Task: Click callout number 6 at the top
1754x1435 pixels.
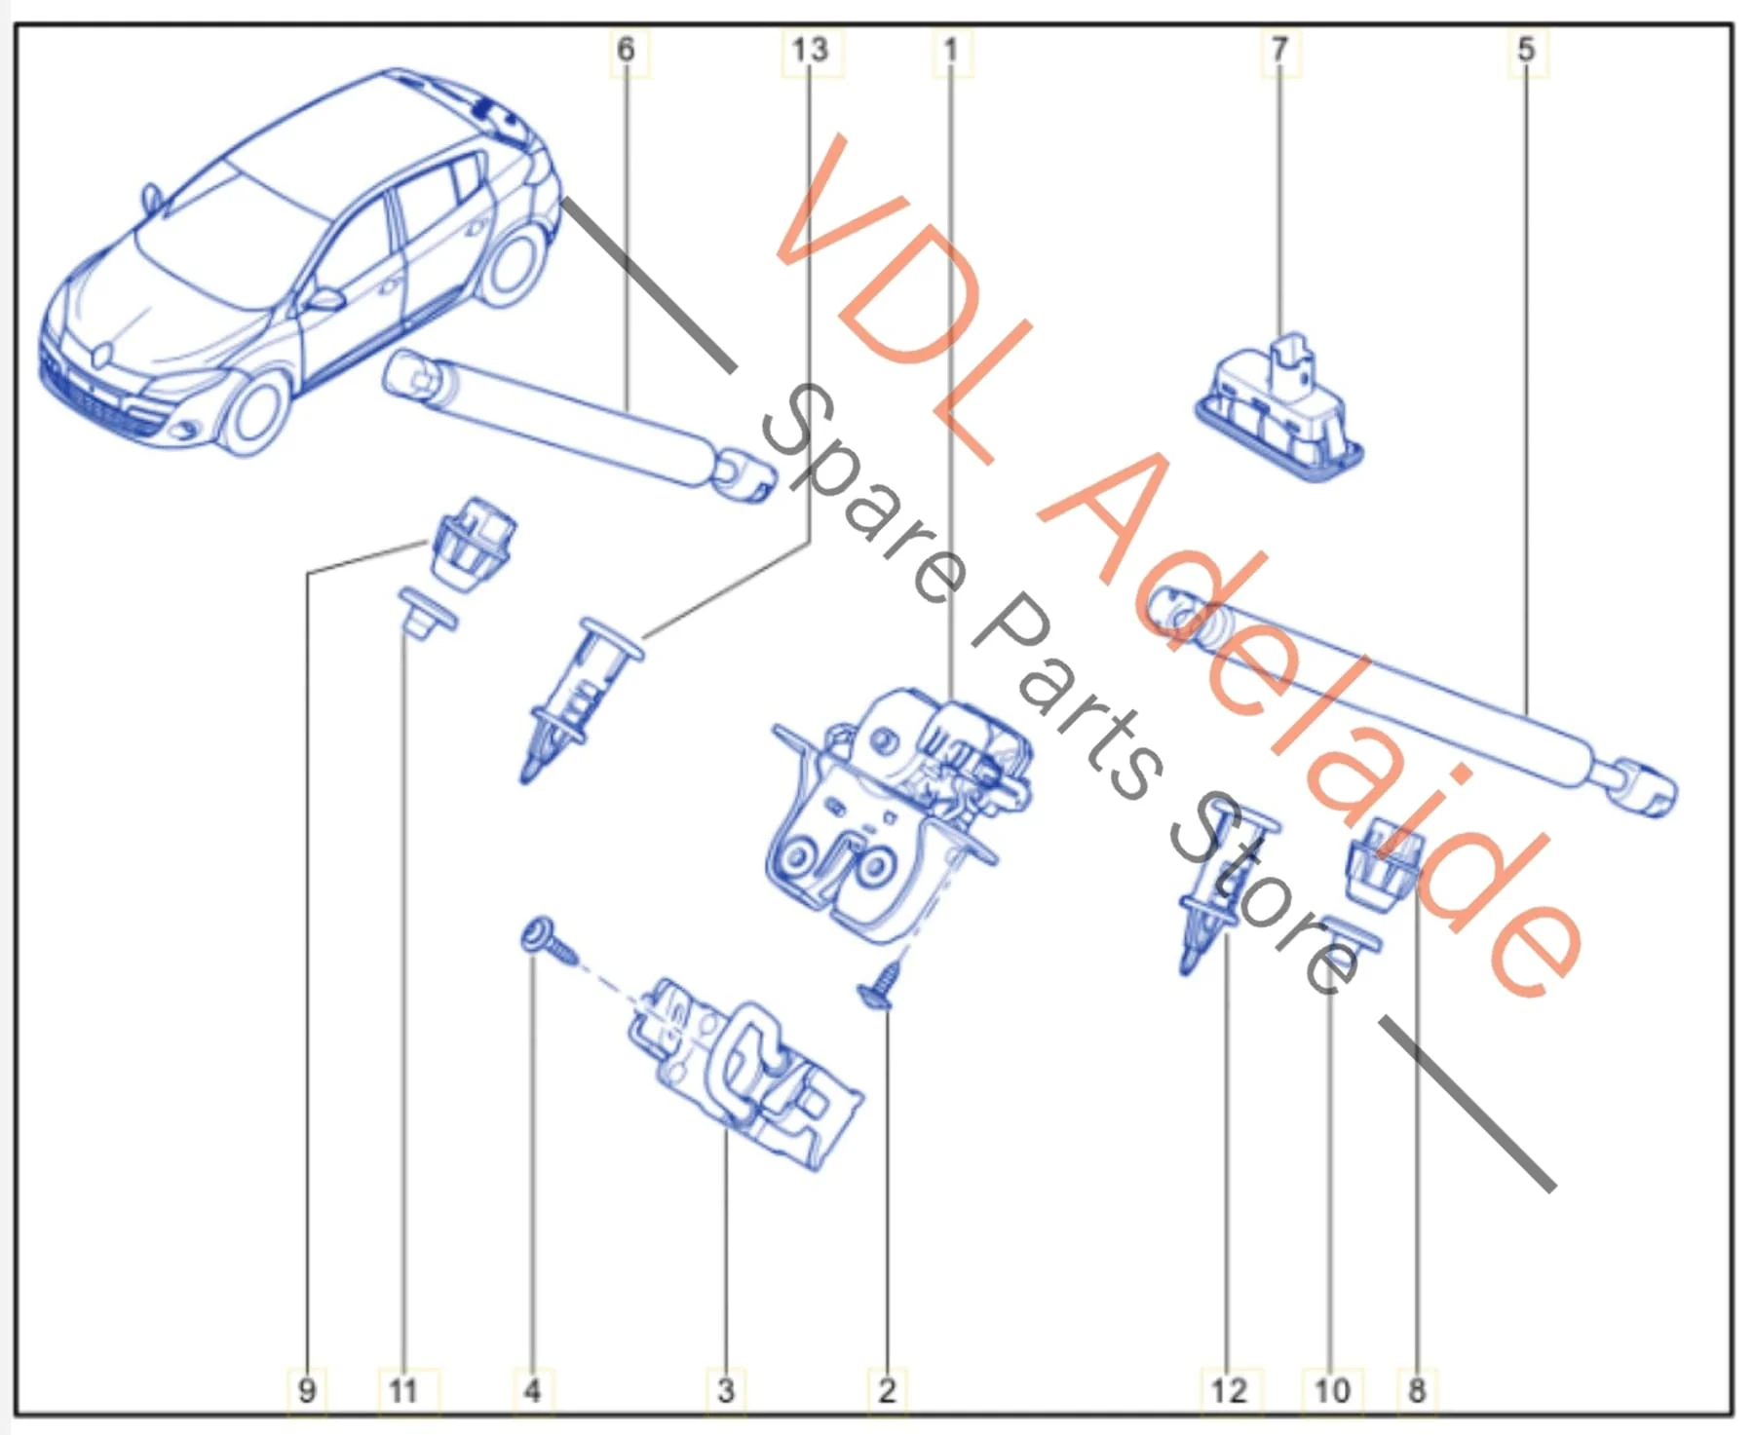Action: coord(626,49)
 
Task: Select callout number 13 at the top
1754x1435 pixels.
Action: coord(809,49)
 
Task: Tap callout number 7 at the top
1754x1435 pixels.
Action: coord(1279,49)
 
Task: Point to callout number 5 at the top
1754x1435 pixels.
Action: coord(1526,49)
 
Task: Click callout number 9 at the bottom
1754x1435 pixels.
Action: coord(307,1390)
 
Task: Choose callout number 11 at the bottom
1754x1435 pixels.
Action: coord(403,1390)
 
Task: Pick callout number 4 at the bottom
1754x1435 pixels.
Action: coord(532,1390)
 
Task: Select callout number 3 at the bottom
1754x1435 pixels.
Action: coord(725,1390)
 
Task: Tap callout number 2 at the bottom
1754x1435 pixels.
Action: coord(887,1390)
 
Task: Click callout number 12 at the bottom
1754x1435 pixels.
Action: coord(1229,1390)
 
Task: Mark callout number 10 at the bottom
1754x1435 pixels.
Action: coord(1332,1390)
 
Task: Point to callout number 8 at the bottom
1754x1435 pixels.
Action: coord(1417,1390)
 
